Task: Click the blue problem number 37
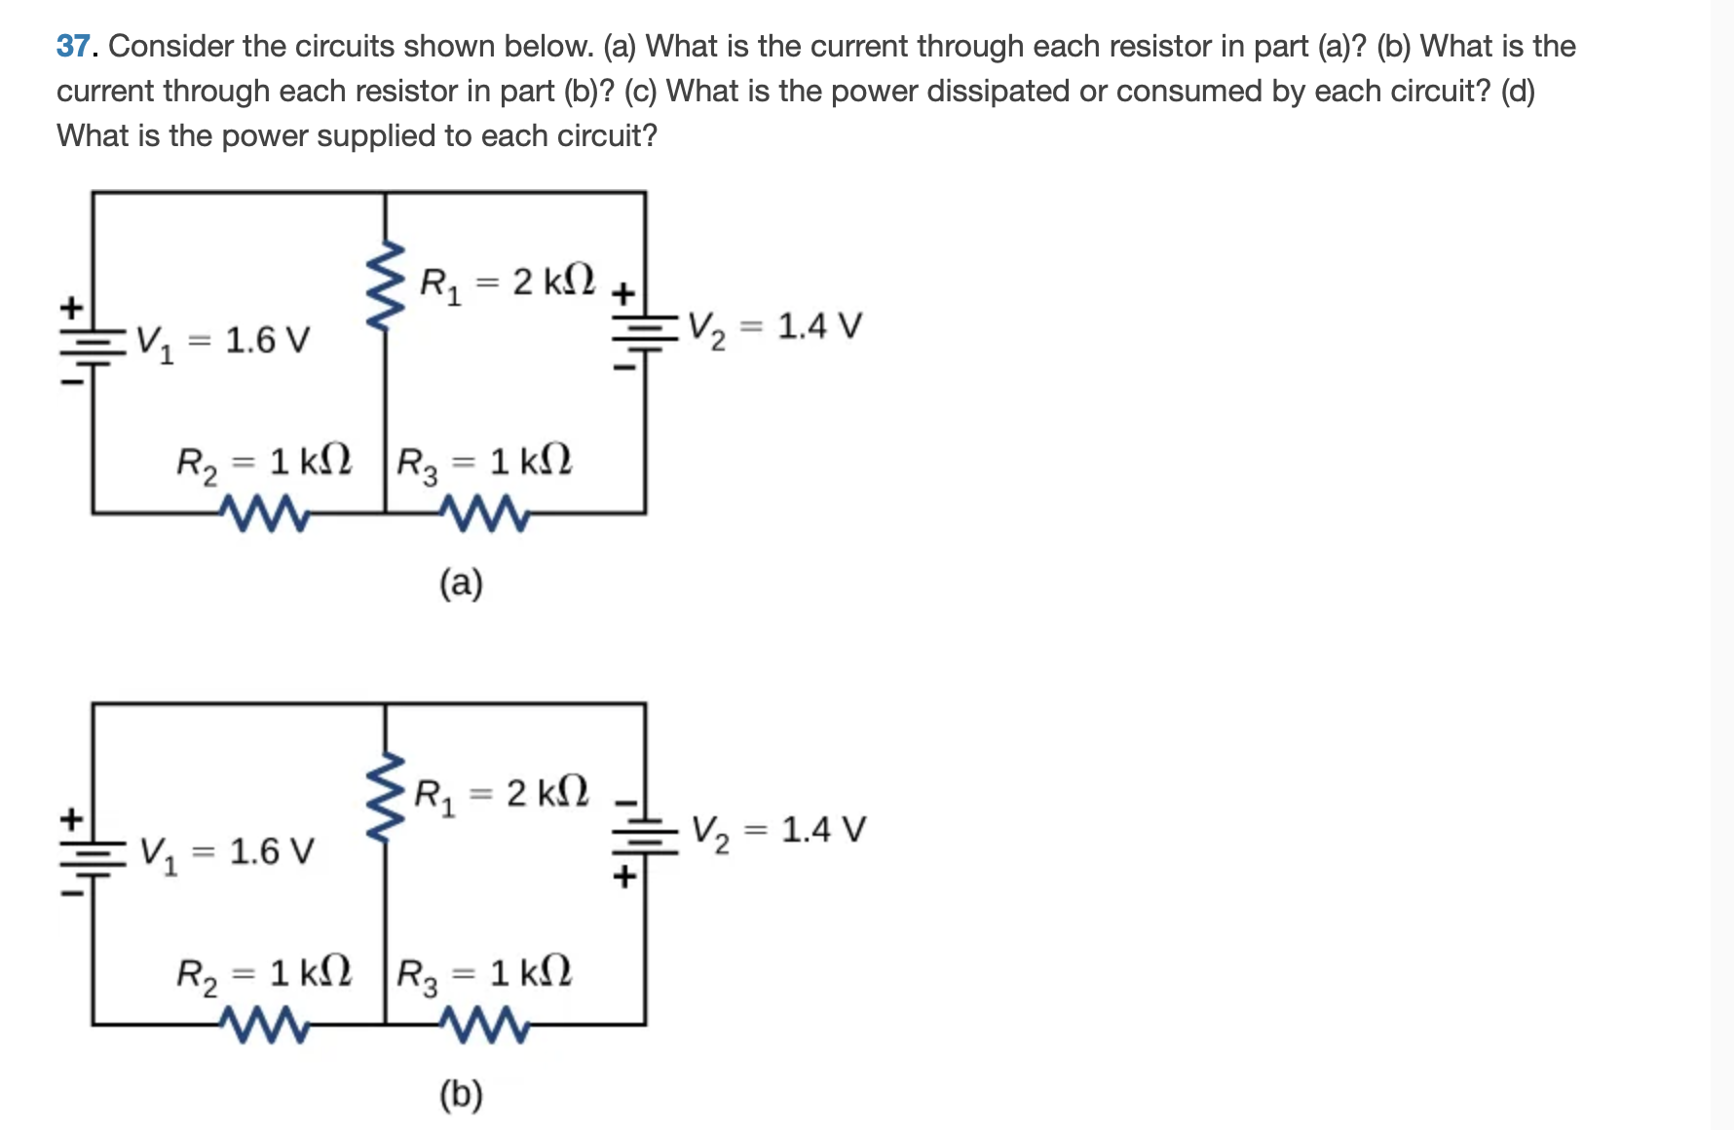click(x=73, y=46)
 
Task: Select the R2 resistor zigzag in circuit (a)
click(x=264, y=513)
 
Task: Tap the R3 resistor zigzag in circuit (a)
click(x=484, y=513)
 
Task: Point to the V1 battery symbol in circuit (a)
click(x=93, y=341)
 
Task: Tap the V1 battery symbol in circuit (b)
click(x=93, y=852)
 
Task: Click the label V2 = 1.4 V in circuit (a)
click(x=774, y=327)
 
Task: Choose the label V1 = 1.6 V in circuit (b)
click(x=227, y=853)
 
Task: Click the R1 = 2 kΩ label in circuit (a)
click(x=507, y=282)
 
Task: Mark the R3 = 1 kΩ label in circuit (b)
click(x=484, y=974)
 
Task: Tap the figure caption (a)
click(x=461, y=584)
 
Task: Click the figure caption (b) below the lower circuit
click(x=461, y=1095)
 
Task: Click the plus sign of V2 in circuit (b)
click(x=624, y=876)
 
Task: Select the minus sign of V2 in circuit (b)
click(x=624, y=803)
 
